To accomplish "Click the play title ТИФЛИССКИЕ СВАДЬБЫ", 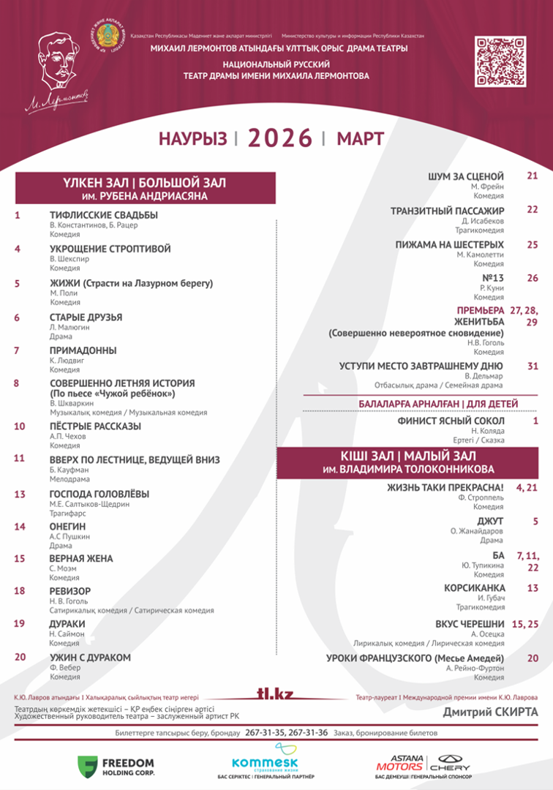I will point(103,215).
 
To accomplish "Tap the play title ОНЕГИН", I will point(67,526).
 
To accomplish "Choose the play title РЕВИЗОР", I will point(70,590).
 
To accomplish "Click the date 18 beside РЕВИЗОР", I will point(20,590).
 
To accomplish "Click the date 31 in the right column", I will point(533,365).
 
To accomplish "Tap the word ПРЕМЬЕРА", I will point(481,311).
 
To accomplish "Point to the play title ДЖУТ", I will point(492,521).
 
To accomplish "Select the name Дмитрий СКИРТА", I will point(490,712).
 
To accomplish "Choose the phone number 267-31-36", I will point(307,733).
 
